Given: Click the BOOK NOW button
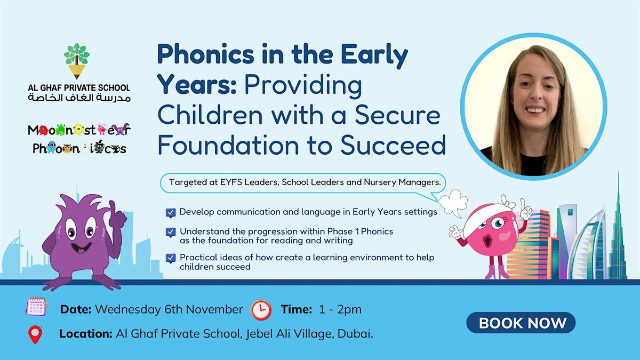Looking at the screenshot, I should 521,323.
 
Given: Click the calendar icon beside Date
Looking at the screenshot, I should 36,308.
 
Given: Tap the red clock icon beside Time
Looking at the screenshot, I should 261,309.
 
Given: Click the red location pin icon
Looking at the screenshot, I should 35,334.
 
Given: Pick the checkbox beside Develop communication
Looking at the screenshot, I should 171,212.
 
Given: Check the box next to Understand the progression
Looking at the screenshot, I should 171,232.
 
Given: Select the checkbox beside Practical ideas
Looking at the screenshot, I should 171,258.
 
